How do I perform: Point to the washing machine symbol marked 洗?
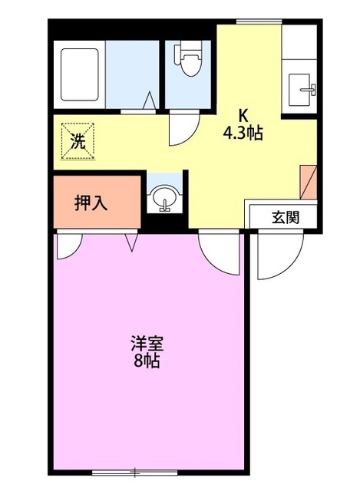[77, 140]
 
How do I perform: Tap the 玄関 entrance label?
[285, 216]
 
